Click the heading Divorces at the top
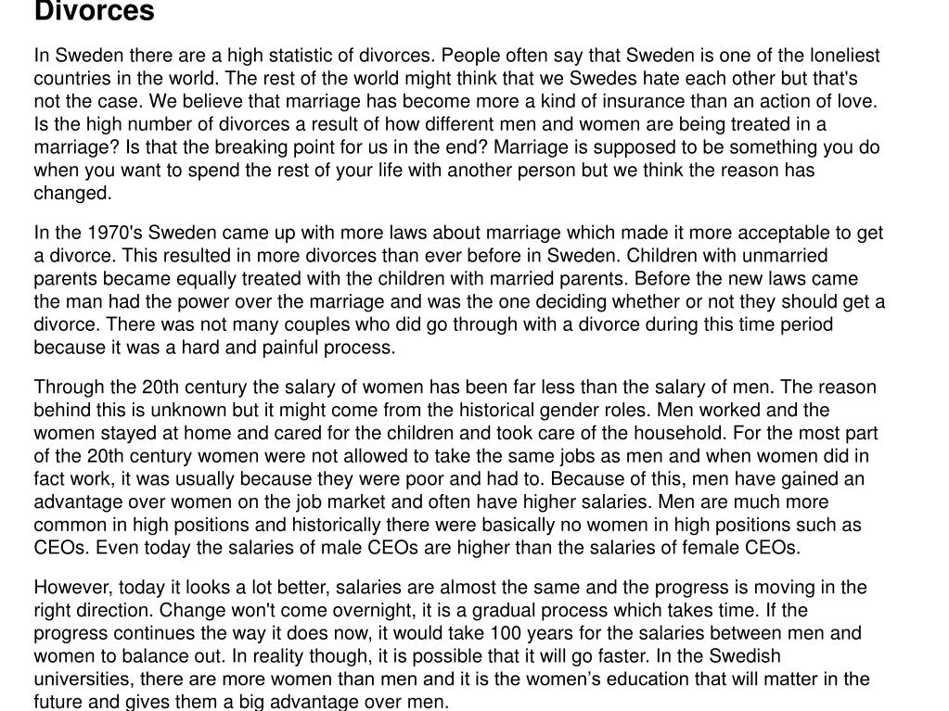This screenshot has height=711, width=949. tap(94, 12)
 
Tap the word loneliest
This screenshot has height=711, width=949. tap(842, 56)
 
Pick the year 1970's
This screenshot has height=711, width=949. tap(116, 233)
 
